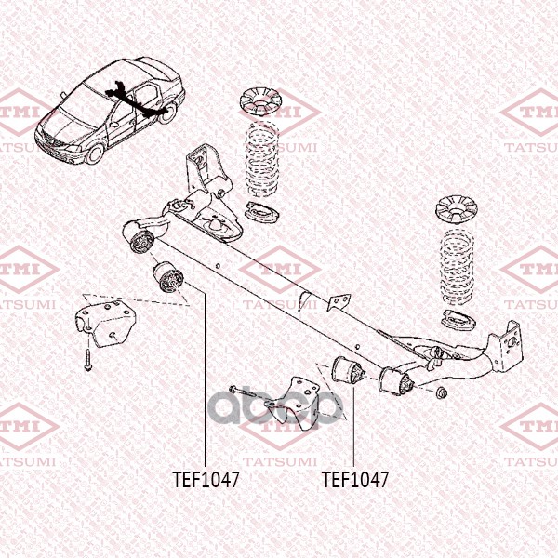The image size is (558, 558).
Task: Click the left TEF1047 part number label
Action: pos(206,480)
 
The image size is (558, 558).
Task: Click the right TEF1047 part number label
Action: pos(354,480)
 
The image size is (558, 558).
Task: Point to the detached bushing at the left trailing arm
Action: pos(168,276)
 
